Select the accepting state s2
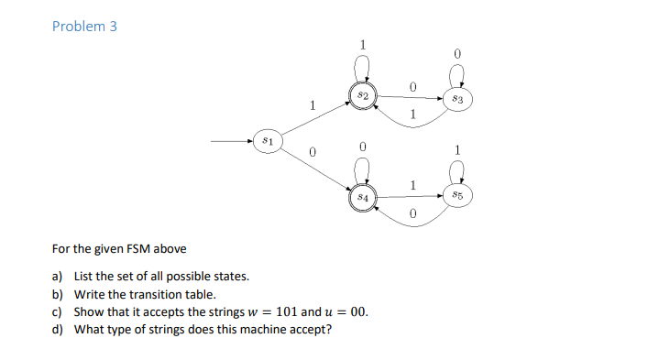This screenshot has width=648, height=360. (x=363, y=95)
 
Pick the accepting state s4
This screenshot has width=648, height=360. (x=363, y=196)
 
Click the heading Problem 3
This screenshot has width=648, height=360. (x=84, y=26)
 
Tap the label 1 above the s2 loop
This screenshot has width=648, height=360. (x=363, y=43)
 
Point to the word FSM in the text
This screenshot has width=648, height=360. (x=137, y=248)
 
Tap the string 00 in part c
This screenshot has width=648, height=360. (x=359, y=311)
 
